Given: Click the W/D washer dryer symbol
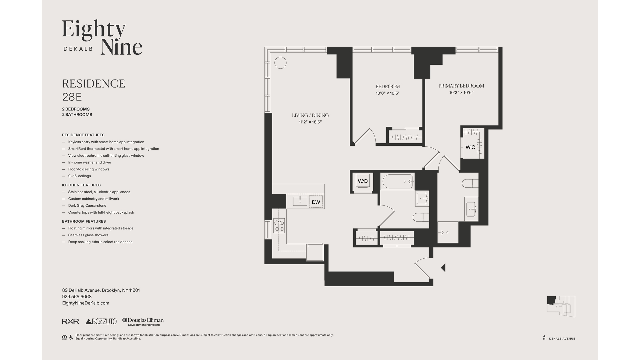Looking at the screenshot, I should [363, 181].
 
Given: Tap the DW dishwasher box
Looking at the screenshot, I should [316, 202].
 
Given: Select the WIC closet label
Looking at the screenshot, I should [470, 147].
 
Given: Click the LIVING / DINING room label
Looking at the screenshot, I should [310, 115].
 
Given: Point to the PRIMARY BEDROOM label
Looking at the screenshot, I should [461, 86].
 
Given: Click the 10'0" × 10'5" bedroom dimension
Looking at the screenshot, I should [387, 93].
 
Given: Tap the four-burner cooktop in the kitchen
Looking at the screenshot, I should [279, 226].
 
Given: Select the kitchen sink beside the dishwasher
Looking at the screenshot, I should [300, 201].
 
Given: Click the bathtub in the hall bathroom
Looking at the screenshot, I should [398, 182].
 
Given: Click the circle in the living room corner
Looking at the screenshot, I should [280, 63].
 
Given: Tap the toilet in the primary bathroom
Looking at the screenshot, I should [470, 183].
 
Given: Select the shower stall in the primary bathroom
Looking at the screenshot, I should [448, 232].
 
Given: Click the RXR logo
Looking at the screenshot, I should [70, 321].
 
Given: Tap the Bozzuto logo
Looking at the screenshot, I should [101, 321].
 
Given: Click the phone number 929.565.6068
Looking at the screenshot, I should [77, 297].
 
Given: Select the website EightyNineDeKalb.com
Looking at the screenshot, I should [86, 303].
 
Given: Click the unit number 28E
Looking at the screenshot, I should [72, 97].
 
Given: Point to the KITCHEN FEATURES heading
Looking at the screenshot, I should [81, 185].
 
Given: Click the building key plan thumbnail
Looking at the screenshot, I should [561, 306].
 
